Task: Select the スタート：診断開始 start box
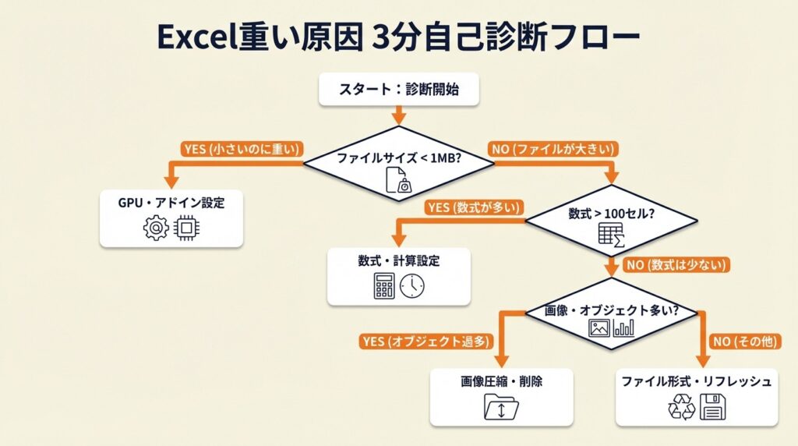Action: pos(398,90)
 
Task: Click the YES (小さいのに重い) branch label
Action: pos(242,148)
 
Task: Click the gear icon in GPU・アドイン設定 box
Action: pos(156,228)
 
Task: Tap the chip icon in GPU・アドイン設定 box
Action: pos(185,228)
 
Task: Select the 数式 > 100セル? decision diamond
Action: pos(610,221)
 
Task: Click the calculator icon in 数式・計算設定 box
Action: pos(384,287)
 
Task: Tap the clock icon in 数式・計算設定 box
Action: pos(412,287)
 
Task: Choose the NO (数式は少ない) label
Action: pos(677,265)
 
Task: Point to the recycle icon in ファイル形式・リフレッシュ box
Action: pos(682,407)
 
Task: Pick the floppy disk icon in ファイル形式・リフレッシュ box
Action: pos(712,407)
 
